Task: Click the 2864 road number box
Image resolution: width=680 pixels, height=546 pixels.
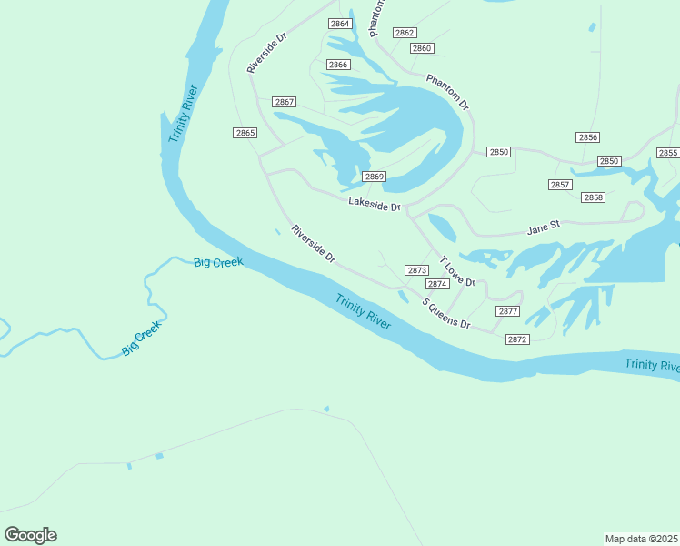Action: click(x=339, y=24)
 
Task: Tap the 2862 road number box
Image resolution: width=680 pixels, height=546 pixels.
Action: click(x=405, y=33)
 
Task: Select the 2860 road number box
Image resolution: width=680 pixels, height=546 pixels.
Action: click(x=422, y=48)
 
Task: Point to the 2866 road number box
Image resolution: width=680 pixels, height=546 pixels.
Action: click(x=338, y=65)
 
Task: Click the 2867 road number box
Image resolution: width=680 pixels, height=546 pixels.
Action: click(x=285, y=102)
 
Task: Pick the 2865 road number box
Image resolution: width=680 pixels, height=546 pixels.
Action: click(x=245, y=133)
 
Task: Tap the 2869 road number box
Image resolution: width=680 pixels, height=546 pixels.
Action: click(x=375, y=177)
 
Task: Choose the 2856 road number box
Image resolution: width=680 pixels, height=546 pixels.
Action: click(x=587, y=137)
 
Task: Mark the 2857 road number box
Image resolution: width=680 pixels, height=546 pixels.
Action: click(x=560, y=185)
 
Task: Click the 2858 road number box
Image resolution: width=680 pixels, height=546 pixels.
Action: click(x=593, y=197)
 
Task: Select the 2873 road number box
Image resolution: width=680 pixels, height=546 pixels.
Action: click(x=417, y=270)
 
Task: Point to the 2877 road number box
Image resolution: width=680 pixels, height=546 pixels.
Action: click(x=508, y=311)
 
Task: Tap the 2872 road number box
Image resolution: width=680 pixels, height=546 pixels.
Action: click(x=517, y=339)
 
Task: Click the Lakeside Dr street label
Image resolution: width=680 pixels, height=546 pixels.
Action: click(x=374, y=205)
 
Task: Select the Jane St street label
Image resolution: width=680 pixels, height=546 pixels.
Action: click(x=544, y=227)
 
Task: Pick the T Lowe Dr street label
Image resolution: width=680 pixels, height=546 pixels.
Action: click(x=458, y=271)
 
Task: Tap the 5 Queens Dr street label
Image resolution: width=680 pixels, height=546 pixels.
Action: click(x=445, y=313)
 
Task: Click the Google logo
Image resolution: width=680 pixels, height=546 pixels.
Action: click(x=30, y=535)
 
